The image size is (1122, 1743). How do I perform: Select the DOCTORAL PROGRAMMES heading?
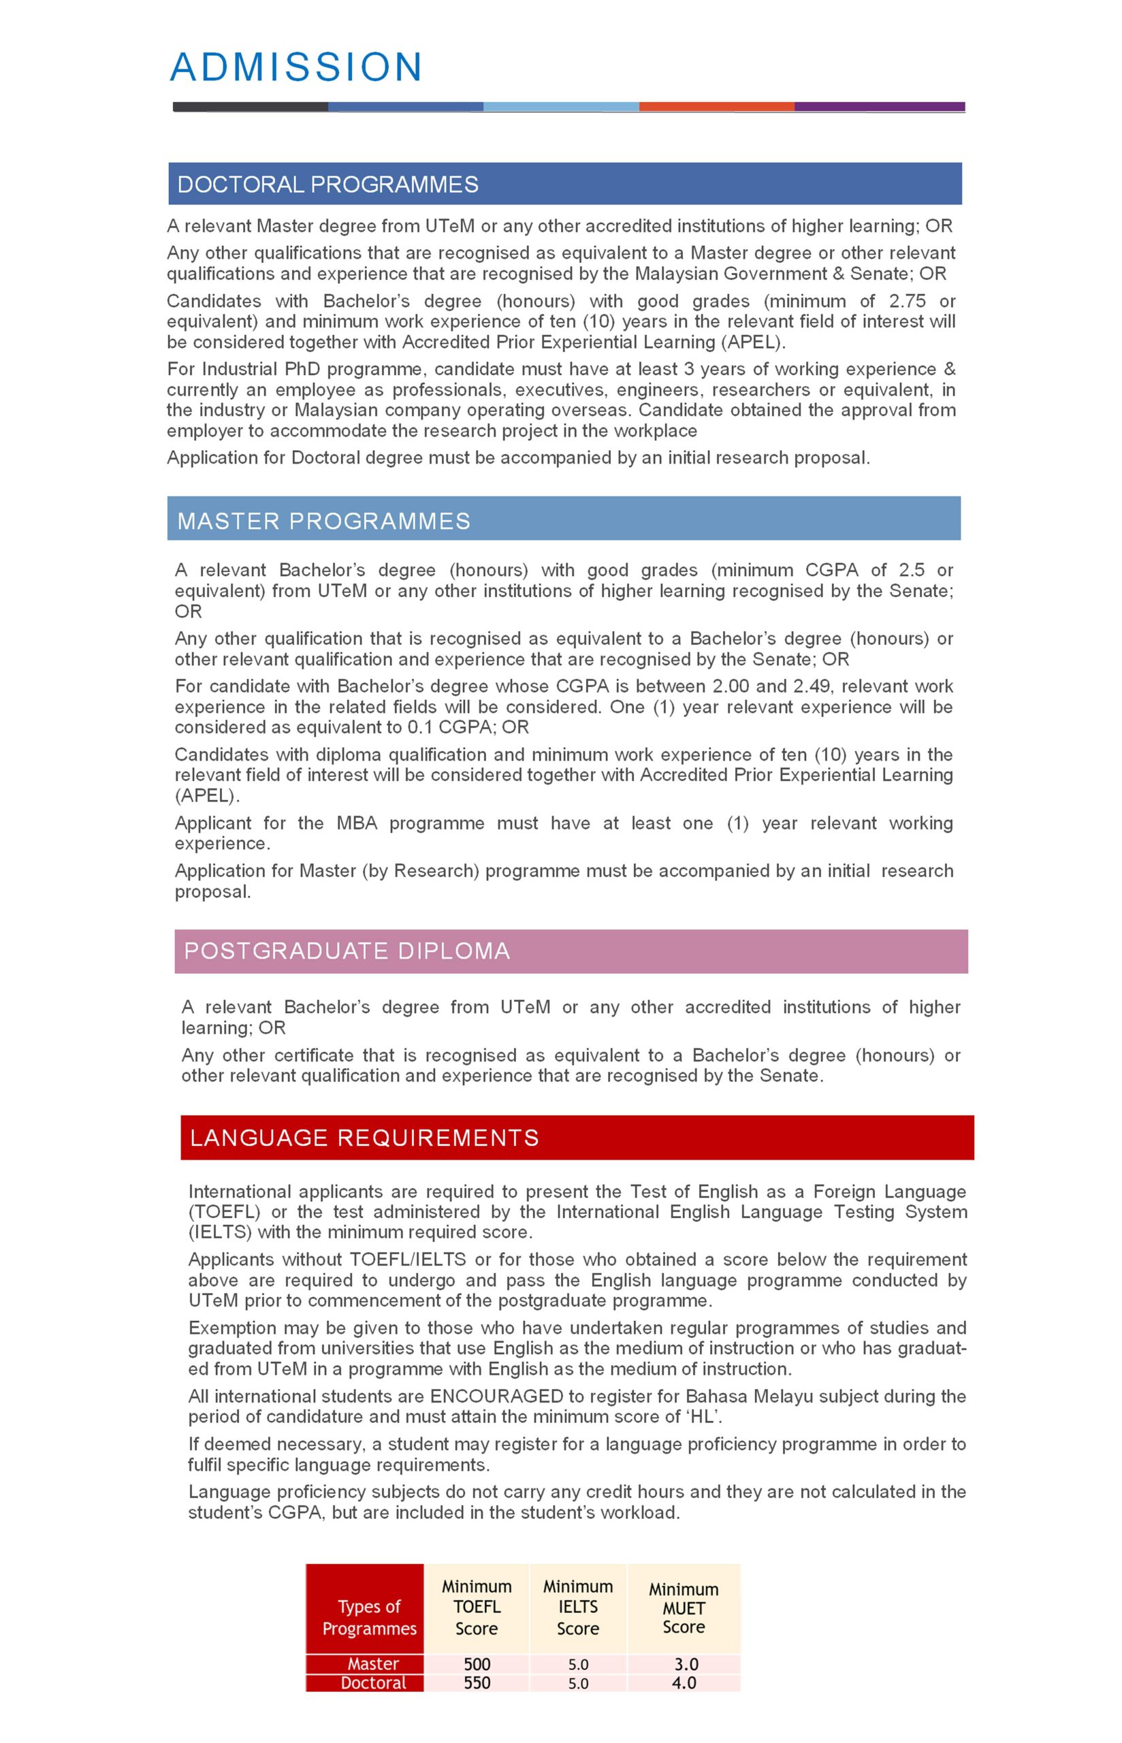(x=328, y=185)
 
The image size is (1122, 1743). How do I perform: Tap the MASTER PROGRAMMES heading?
(x=323, y=521)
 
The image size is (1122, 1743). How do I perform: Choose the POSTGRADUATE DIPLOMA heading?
(x=347, y=950)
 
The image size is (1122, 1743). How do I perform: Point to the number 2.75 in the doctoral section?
(x=907, y=301)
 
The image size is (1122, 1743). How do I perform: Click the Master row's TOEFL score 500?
(x=477, y=1663)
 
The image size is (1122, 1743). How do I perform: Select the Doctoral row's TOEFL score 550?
(x=477, y=1682)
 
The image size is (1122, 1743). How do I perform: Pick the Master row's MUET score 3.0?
(x=684, y=1663)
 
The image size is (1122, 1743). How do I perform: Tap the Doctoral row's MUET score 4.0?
(x=684, y=1682)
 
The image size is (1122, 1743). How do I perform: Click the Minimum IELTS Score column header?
(x=578, y=1607)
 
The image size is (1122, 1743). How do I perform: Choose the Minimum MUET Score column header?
(x=684, y=1607)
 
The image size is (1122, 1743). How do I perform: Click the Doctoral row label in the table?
(x=373, y=1682)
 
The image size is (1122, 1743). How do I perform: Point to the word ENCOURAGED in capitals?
(x=496, y=1396)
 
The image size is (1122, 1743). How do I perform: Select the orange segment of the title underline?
(x=716, y=106)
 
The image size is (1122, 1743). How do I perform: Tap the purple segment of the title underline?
(x=880, y=106)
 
